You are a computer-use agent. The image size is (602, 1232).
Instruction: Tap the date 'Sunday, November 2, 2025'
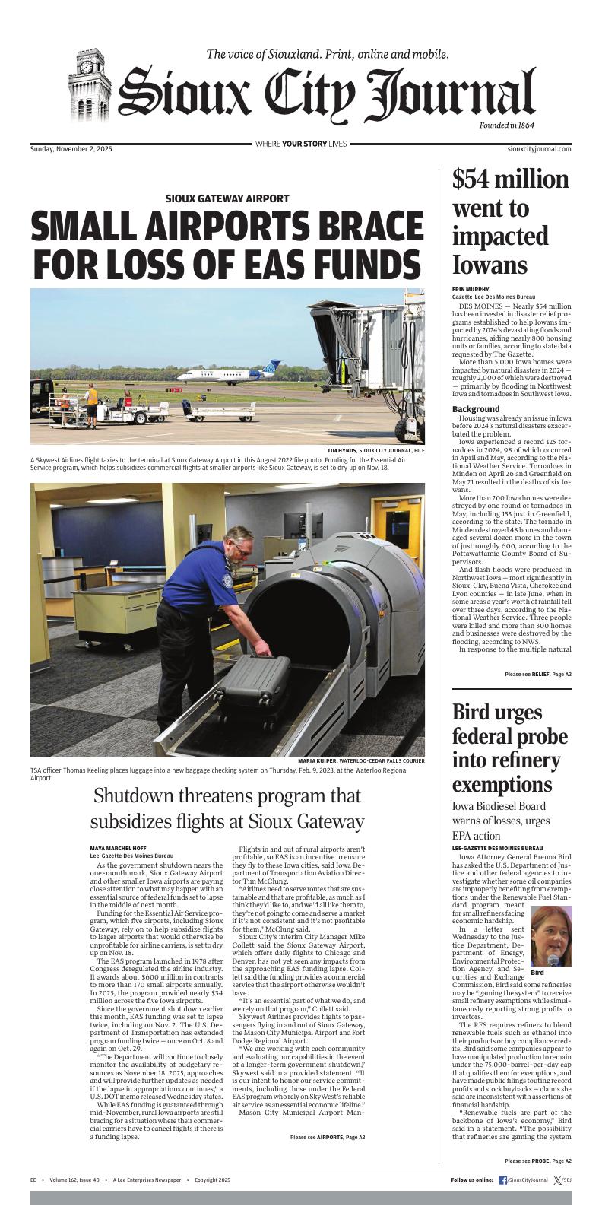[x=71, y=149]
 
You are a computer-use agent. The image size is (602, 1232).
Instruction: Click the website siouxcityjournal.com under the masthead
[x=539, y=149]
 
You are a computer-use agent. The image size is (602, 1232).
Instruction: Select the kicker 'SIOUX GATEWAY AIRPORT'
[x=227, y=198]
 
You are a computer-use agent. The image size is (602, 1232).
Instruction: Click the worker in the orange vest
[x=91, y=397]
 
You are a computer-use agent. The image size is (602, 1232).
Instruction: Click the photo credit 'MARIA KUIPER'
[x=318, y=760]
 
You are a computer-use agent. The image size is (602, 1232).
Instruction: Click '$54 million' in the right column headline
[x=510, y=179]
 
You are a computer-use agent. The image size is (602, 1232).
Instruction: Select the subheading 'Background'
[x=476, y=409]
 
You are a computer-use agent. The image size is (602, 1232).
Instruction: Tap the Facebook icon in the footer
[x=503, y=1180]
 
